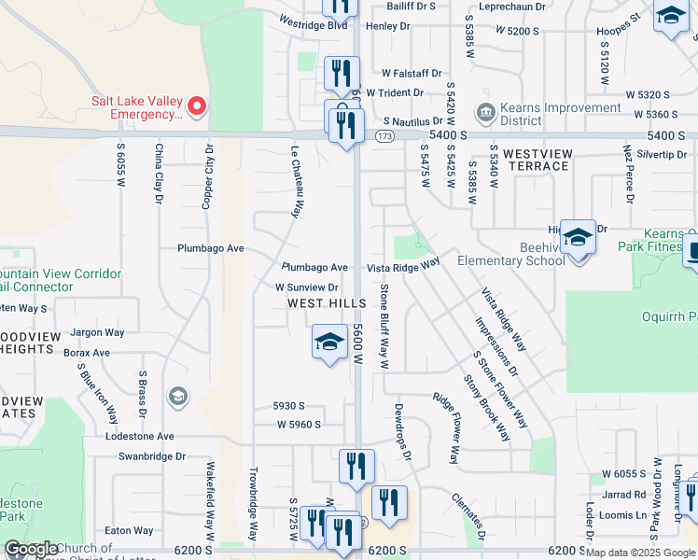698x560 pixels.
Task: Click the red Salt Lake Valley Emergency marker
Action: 196,107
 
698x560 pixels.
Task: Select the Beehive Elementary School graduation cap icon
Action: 578,239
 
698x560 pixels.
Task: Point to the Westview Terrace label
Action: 536,159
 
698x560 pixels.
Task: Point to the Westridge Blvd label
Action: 314,24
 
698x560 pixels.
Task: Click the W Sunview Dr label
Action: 306,287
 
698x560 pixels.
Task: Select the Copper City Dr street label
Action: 208,176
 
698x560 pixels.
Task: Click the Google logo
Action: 31,550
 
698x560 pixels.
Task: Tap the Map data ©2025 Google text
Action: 639,553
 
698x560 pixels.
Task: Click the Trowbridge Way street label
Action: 252,505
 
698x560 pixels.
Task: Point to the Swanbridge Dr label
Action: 152,456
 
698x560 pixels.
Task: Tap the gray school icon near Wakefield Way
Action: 176,397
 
